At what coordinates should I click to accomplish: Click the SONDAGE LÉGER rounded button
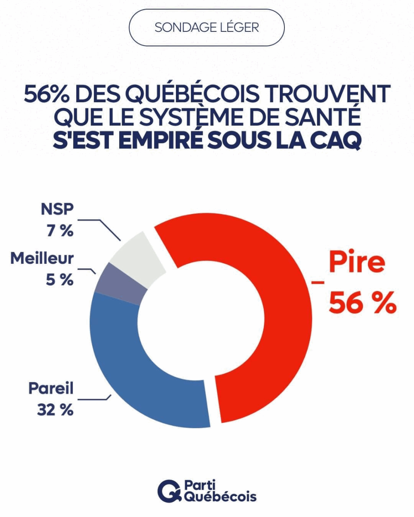[207, 27]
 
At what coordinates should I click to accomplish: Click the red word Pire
[356, 262]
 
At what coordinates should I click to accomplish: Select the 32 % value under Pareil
[55, 409]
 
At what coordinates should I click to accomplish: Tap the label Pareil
[51, 388]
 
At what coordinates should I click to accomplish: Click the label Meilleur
[42, 258]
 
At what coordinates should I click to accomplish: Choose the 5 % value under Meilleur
[59, 280]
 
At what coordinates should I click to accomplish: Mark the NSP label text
[57, 209]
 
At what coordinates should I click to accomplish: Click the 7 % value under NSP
[60, 230]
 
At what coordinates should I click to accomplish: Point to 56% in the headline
[47, 95]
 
